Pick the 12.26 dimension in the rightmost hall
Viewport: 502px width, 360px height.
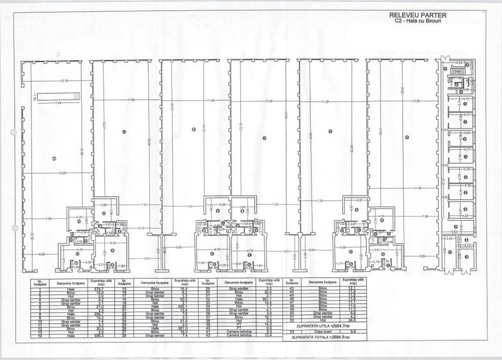pos(416,101)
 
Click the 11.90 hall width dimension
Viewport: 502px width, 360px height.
pos(269,101)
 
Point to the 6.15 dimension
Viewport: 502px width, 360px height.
pos(141,228)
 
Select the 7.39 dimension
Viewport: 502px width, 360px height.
pos(49,219)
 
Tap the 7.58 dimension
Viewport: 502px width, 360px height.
pos(425,217)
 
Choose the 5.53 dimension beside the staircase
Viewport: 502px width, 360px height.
pos(459,63)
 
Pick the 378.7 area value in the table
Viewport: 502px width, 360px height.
pos(98,288)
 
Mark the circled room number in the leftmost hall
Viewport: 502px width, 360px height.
pos(54,159)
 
